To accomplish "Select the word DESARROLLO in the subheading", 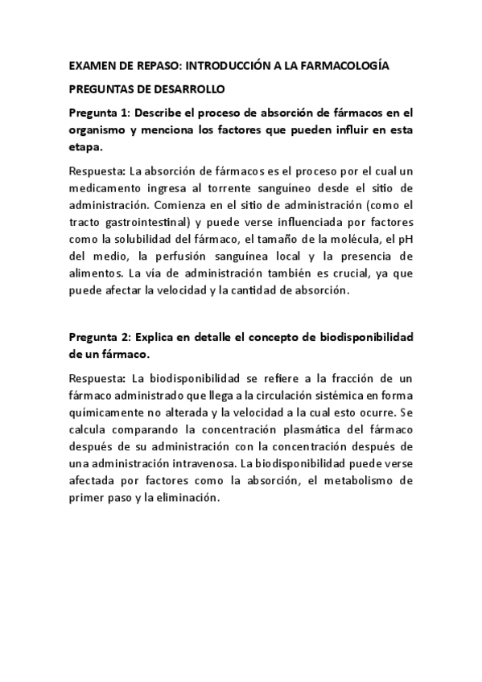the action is tap(191, 89).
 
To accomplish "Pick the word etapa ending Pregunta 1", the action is tap(86, 148).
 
